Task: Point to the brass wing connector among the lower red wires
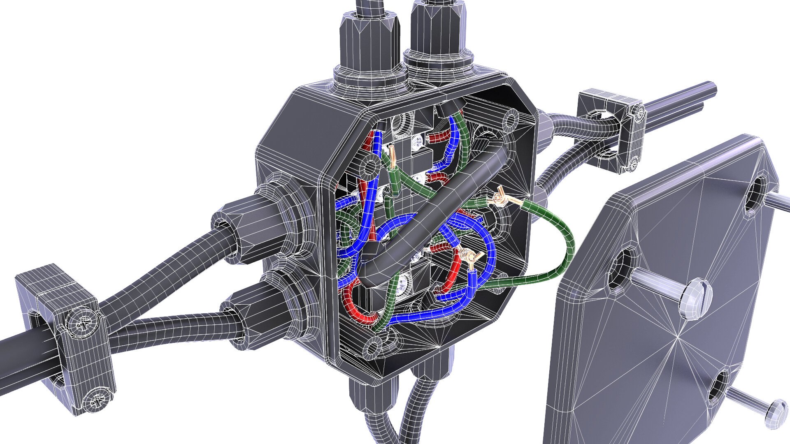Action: click(x=468, y=257)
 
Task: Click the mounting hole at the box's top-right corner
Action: click(x=512, y=120)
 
